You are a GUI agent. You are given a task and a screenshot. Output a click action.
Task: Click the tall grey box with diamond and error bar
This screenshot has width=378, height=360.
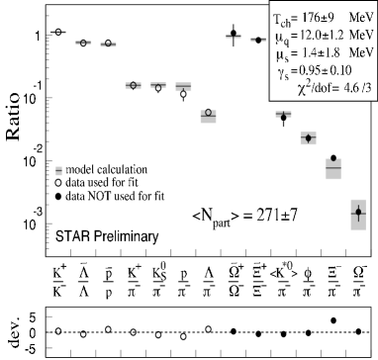(358, 214)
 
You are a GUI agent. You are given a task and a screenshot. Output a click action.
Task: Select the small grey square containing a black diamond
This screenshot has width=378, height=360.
(308, 138)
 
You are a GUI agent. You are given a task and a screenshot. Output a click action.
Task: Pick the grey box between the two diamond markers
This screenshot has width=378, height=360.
(333, 168)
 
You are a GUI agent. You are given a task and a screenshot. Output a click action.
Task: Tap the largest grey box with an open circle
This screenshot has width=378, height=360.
(208, 115)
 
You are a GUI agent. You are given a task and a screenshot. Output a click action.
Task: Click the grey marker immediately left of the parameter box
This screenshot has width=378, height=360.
(257, 40)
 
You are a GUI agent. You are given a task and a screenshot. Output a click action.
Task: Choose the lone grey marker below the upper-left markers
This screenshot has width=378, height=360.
(58, 171)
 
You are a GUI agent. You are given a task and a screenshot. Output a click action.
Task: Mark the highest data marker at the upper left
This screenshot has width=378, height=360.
(58, 33)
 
